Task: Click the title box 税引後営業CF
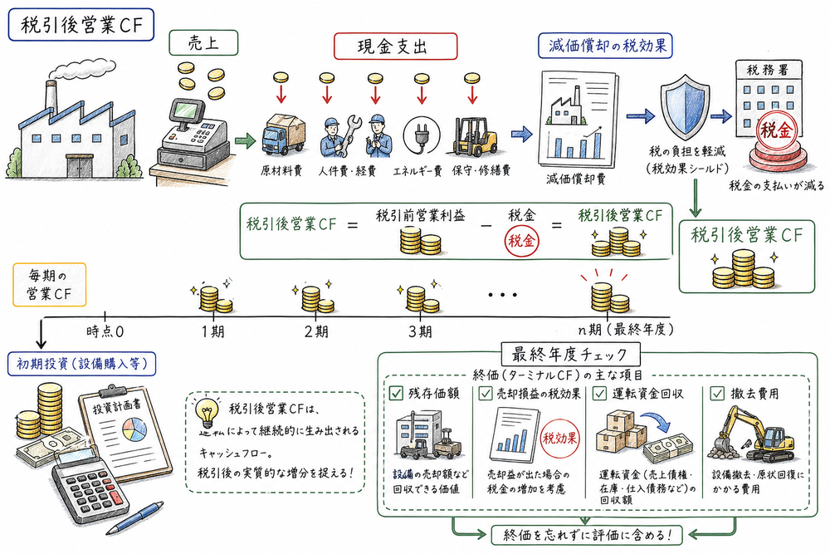pos(80,27)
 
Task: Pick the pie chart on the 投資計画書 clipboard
pos(133,430)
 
